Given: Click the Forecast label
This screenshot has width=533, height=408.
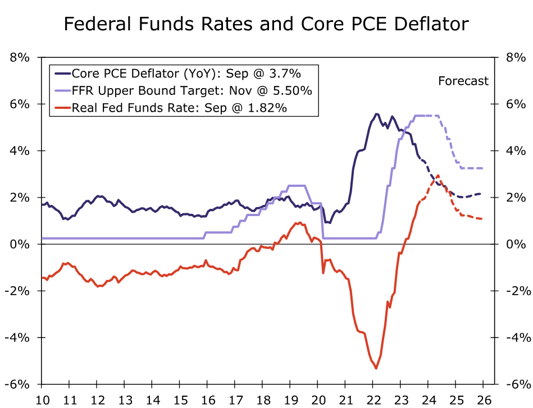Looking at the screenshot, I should (x=463, y=81).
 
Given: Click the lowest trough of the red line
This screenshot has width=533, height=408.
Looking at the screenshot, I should (x=376, y=368).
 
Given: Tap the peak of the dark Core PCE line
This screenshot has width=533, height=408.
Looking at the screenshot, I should (x=376, y=114).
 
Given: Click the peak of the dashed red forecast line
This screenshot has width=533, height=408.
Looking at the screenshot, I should (x=438, y=176).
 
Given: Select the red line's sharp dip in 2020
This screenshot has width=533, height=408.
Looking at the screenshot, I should (x=323, y=273).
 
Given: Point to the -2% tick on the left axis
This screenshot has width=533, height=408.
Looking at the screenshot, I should (x=21, y=291).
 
